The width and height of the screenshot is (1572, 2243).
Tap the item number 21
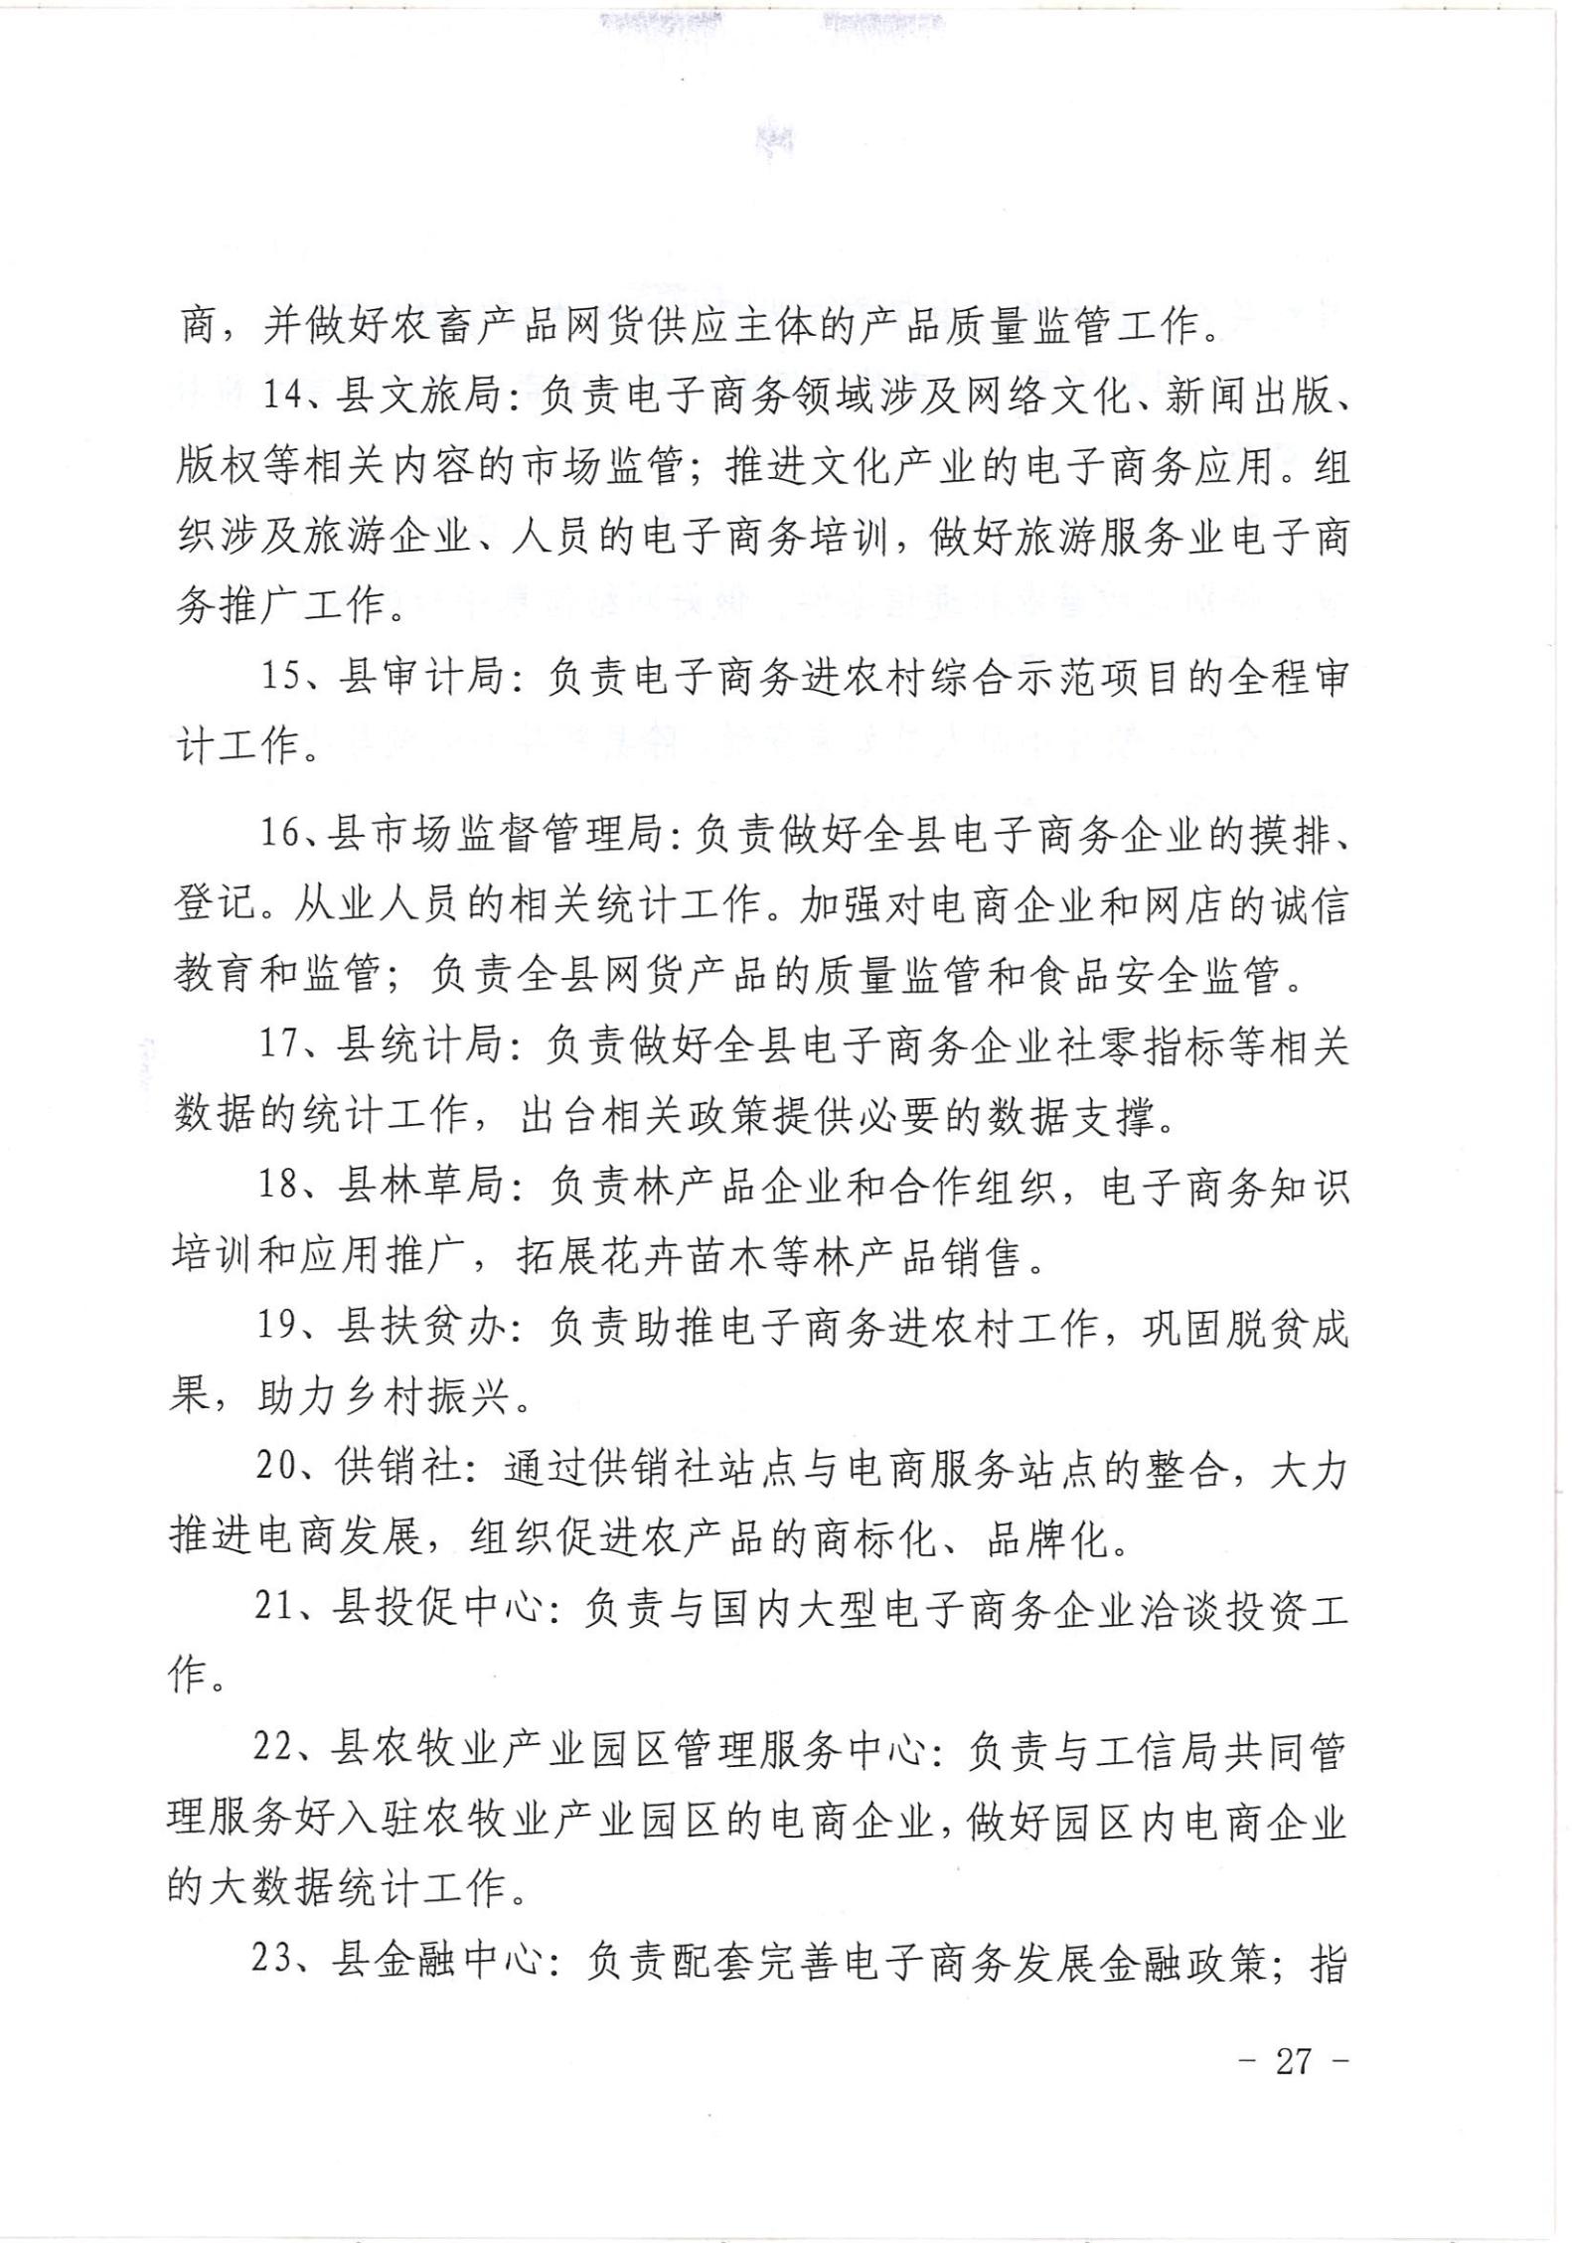click(278, 1609)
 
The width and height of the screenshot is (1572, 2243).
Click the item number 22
click(278, 1750)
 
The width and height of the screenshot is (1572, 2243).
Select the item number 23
click(278, 1963)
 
